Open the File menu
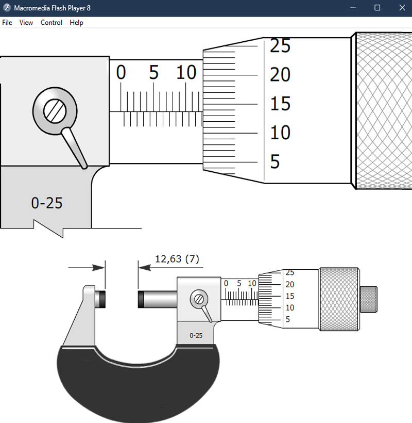point(7,23)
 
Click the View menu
point(26,23)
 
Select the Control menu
point(51,23)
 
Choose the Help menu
point(76,23)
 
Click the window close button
point(402,8)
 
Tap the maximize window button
point(377,8)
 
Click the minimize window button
point(353,8)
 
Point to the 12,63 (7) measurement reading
point(177,259)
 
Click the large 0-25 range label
point(47,203)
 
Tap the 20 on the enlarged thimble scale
point(280,75)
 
